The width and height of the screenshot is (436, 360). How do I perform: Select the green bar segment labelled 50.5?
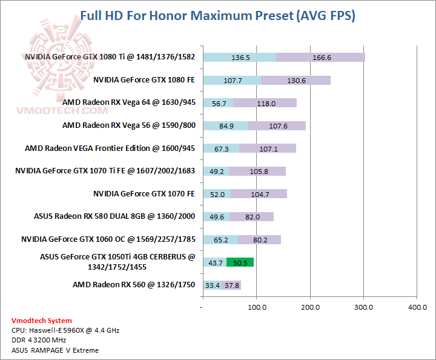[240, 262]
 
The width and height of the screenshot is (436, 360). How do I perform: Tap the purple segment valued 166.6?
[321, 58]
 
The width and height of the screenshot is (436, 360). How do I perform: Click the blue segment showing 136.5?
[240, 58]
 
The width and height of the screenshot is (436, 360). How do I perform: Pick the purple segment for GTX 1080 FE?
[296, 80]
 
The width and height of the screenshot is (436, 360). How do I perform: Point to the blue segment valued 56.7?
[218, 103]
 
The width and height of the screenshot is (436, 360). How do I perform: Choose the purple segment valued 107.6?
[277, 126]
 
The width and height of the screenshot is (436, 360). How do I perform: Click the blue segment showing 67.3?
[221, 148]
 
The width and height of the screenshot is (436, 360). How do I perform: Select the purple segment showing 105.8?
[258, 172]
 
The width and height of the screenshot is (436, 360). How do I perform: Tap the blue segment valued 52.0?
[217, 194]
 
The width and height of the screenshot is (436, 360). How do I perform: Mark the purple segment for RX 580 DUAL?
[252, 217]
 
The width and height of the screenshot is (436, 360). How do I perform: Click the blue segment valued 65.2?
[220, 239]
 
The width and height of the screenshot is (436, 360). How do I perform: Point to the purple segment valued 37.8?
[231, 285]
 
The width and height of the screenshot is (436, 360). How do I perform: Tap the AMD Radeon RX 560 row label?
[134, 284]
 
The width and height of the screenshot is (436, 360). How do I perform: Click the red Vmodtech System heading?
[41, 321]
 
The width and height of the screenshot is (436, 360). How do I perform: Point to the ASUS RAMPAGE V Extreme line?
[55, 350]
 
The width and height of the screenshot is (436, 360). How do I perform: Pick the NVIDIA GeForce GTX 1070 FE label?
[144, 193]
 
